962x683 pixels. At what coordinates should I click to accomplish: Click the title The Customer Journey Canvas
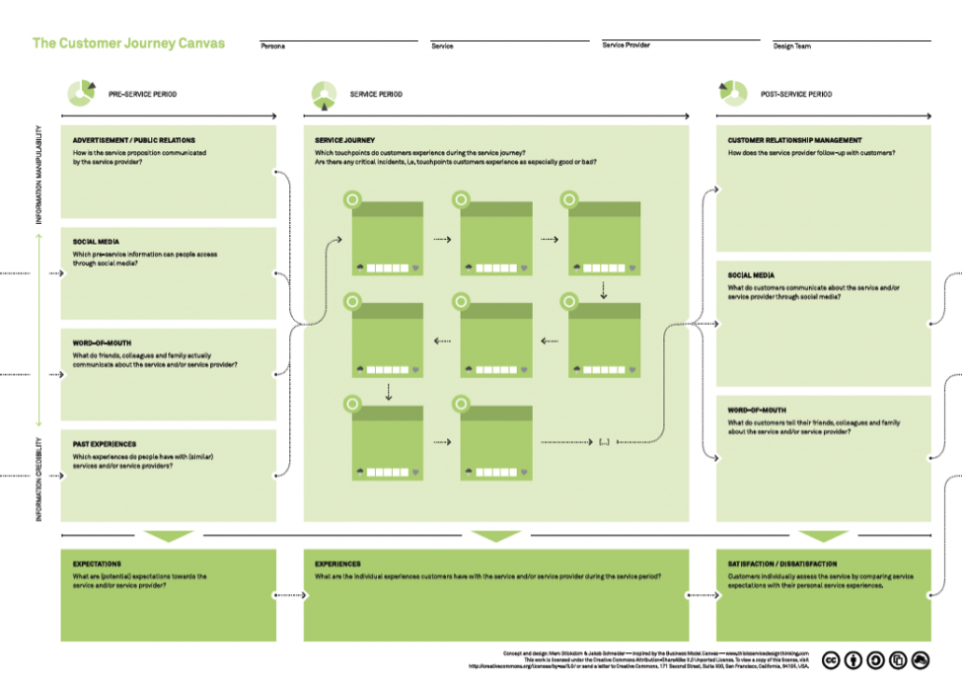(x=128, y=43)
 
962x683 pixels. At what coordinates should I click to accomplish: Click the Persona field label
(x=272, y=46)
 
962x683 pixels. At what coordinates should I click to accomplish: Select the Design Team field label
(x=791, y=46)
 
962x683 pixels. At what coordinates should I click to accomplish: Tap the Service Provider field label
(x=626, y=45)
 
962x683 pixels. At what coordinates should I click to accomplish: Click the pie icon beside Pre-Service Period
(x=81, y=94)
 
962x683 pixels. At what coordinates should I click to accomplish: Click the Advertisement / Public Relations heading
(x=133, y=141)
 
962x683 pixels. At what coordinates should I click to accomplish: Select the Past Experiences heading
(x=105, y=444)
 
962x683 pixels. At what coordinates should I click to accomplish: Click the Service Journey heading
(x=344, y=141)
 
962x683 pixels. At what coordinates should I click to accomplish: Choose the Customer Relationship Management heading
(x=794, y=141)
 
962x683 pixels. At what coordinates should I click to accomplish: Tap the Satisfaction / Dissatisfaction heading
(x=781, y=565)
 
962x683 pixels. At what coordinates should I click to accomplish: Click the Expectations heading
(x=97, y=565)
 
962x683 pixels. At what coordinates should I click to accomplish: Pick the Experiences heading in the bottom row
(x=337, y=565)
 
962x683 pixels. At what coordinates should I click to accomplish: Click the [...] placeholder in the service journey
(x=604, y=441)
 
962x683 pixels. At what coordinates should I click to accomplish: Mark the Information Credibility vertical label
(x=39, y=479)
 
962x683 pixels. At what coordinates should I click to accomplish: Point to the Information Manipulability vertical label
(x=39, y=174)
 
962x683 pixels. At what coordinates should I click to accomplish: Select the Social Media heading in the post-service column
(x=751, y=275)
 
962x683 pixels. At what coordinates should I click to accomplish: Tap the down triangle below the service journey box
(x=495, y=537)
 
